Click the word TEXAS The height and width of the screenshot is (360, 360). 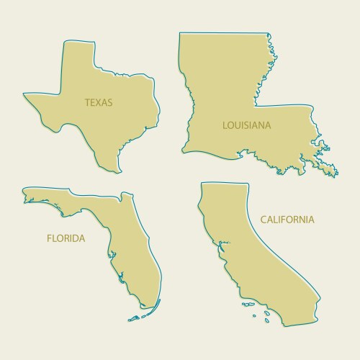[x=99, y=102]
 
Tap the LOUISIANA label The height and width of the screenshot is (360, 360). [x=246, y=125]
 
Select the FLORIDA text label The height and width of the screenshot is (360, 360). [x=66, y=238]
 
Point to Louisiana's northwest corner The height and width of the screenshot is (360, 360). [x=181, y=35]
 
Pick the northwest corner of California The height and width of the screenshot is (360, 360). [x=204, y=185]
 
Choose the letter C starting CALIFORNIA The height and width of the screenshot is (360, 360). [x=264, y=219]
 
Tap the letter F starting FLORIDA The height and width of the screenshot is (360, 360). [x=49, y=238]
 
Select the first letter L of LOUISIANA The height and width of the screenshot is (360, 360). [x=225, y=125]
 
